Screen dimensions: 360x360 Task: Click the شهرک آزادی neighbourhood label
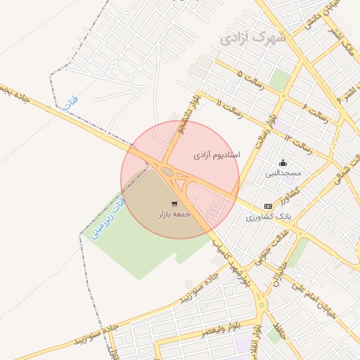point(253,37)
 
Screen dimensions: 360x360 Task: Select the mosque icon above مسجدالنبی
point(283,162)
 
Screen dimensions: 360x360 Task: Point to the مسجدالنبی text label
point(283,172)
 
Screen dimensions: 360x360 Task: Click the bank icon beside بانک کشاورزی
point(267,206)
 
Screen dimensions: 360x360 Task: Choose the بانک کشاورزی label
point(266,217)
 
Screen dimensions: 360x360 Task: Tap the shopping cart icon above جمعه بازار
point(174,204)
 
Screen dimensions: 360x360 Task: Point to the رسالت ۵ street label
point(250,79)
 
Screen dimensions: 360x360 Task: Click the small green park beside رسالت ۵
point(280,79)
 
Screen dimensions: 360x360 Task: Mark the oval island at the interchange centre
point(167,171)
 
